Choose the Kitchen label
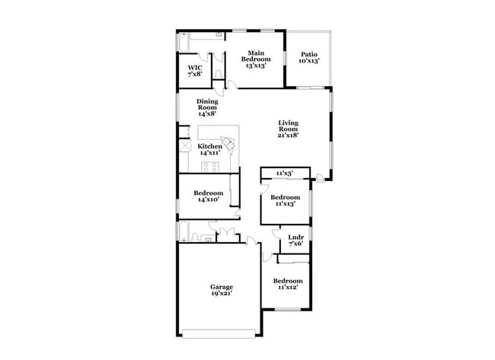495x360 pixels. click(x=210, y=146)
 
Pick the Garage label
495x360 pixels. click(x=222, y=287)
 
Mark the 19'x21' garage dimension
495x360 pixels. click(x=222, y=293)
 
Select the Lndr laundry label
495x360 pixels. click(x=296, y=237)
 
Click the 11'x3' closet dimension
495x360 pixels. click(x=285, y=174)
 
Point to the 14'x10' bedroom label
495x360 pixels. click(x=208, y=199)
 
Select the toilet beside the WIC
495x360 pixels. click(x=219, y=74)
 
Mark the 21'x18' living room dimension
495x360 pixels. click(x=288, y=135)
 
